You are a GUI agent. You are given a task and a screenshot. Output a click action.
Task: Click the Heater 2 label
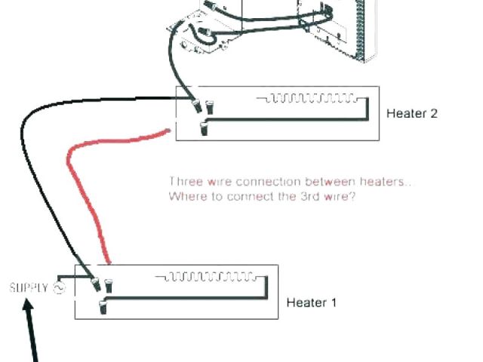coord(411,114)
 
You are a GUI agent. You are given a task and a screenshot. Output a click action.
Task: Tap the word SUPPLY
coord(29,287)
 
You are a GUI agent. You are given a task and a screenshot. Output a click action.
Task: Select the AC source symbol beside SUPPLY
coord(59,287)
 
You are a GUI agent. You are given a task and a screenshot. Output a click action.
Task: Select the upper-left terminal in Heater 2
coord(198,106)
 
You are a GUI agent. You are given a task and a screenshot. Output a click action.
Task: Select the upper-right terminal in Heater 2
coord(209,106)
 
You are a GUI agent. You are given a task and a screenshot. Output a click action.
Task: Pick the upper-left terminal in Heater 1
coord(96,285)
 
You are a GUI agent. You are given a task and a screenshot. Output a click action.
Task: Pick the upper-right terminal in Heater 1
coord(108,285)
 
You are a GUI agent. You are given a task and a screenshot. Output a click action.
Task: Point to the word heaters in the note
coord(389,182)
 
